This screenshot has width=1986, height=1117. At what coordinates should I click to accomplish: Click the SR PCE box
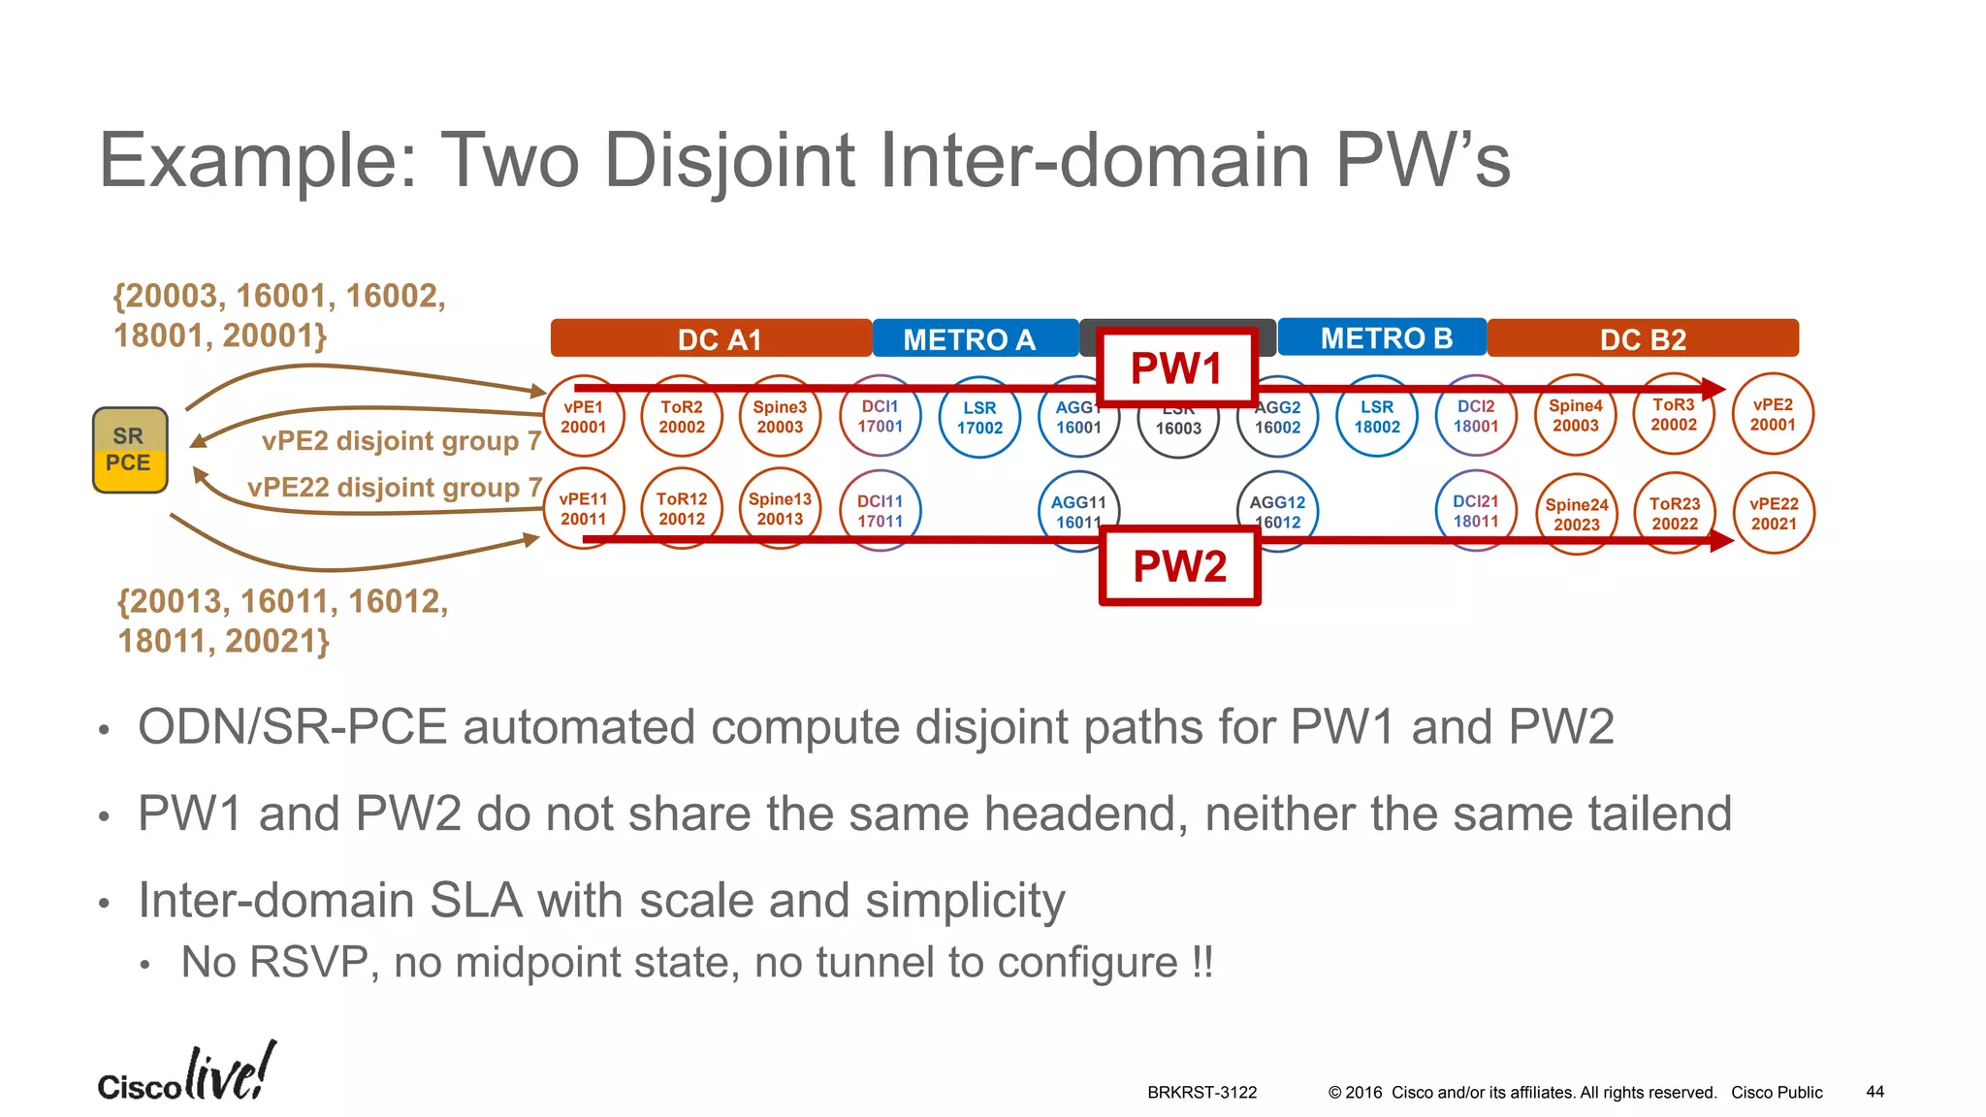pyautogui.click(x=130, y=450)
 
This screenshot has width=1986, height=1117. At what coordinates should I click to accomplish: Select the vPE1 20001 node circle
pyautogui.click(x=583, y=417)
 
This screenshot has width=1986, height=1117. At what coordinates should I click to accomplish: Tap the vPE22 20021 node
pyautogui.click(x=1774, y=514)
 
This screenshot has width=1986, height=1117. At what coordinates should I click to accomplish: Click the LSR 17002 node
pyautogui.click(x=979, y=418)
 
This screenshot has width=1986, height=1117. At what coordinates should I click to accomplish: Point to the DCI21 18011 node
pyautogui.click(x=1475, y=510)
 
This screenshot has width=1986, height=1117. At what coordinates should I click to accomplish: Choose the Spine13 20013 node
pyautogui.click(x=780, y=508)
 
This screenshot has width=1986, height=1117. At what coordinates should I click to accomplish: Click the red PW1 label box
pyautogui.click(x=1176, y=367)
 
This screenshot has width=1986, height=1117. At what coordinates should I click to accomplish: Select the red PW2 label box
pyautogui.click(x=1179, y=566)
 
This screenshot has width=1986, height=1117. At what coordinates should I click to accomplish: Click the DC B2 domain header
pyautogui.click(x=1643, y=339)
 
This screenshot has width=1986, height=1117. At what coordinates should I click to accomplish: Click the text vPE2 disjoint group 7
pyautogui.click(x=400, y=441)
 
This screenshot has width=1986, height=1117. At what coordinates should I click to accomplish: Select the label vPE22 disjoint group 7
pyautogui.click(x=394, y=487)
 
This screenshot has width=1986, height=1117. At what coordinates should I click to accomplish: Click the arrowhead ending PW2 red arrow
pyautogui.click(x=1722, y=540)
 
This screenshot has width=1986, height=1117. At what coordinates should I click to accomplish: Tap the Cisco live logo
pyautogui.click(x=186, y=1074)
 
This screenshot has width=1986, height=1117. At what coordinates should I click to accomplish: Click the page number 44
pyautogui.click(x=1874, y=1092)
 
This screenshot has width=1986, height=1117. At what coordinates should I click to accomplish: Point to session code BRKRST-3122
pyautogui.click(x=1201, y=1093)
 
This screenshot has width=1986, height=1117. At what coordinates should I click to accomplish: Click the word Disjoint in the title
pyautogui.click(x=730, y=161)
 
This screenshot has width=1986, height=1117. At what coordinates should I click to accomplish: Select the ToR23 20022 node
pyautogui.click(x=1675, y=514)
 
